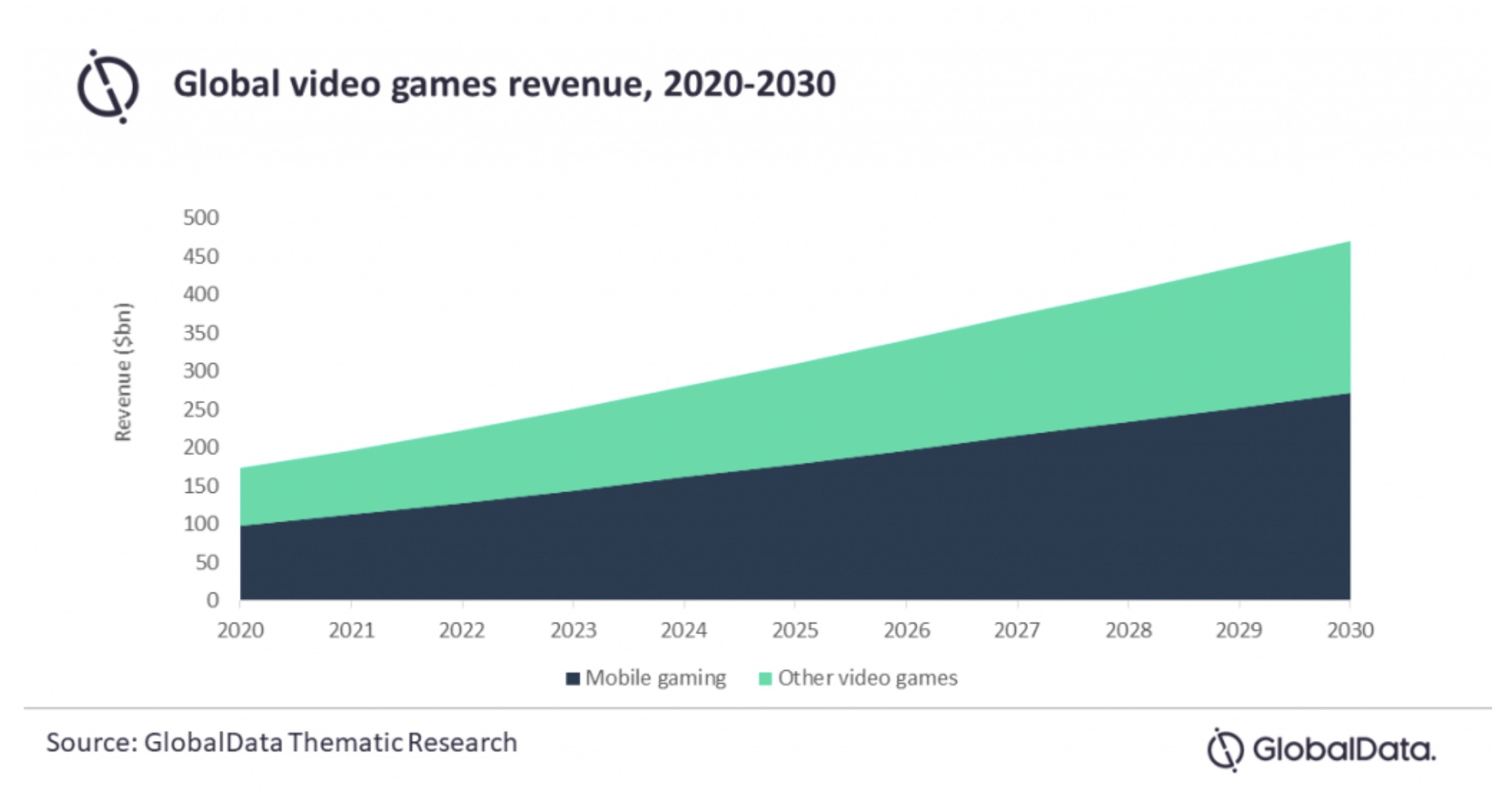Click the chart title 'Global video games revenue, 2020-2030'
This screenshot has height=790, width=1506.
503,84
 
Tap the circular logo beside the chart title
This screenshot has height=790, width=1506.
108,87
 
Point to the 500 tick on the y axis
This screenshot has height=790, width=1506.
201,218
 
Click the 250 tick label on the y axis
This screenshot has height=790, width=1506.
201,410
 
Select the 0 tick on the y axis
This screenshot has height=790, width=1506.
212,601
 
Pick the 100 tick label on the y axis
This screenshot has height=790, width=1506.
201,524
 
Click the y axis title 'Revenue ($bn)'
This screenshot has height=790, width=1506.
122,372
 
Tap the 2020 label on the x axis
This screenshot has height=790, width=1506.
240,631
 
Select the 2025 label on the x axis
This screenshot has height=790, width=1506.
795,631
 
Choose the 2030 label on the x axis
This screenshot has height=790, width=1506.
1350,631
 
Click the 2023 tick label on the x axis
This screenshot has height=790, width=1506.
573,631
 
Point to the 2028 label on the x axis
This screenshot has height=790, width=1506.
1128,631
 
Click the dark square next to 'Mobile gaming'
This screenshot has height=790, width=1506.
573,679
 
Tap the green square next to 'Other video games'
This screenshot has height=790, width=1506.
765,679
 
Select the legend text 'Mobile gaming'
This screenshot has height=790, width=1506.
655,678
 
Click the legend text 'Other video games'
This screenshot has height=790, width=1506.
867,678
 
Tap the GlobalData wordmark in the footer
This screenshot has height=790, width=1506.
1343,749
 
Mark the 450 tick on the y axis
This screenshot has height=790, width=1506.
201,256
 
